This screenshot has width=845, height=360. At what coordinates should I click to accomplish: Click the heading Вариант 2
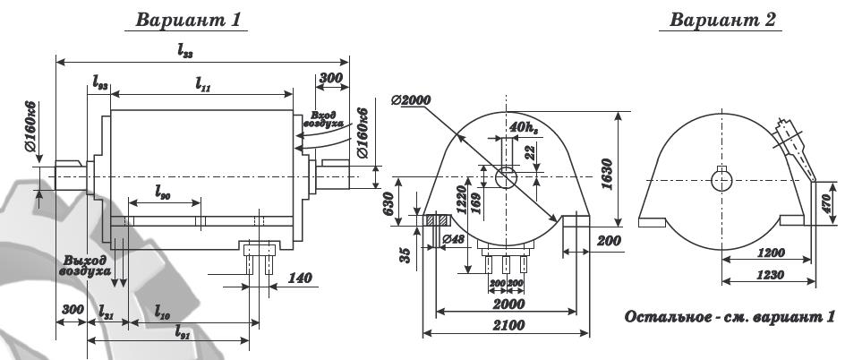point(726,20)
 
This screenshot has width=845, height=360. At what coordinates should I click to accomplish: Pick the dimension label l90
point(163,192)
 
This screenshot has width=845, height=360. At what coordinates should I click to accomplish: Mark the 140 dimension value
point(302,279)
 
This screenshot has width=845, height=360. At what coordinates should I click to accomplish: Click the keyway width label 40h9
point(523,128)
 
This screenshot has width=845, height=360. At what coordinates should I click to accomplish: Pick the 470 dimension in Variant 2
point(827,202)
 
